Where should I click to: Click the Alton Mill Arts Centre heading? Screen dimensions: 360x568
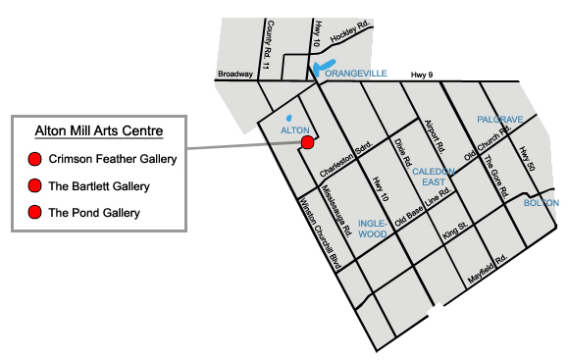(x=98, y=130)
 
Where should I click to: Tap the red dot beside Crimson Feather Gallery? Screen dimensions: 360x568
(x=35, y=159)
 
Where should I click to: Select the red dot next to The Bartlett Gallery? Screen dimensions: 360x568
(x=35, y=185)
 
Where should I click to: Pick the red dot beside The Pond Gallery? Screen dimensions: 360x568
(x=35, y=212)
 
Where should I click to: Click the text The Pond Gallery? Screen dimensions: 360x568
(x=94, y=212)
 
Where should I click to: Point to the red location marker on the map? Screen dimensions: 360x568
(x=307, y=142)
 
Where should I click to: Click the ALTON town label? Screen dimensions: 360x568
(x=295, y=129)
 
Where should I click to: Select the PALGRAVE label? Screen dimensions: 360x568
(x=499, y=119)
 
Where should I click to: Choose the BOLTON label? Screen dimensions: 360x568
(x=542, y=202)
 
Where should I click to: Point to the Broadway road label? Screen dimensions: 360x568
(x=235, y=74)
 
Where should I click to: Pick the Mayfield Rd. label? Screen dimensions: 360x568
(x=487, y=270)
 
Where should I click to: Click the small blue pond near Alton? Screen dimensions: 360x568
(x=288, y=121)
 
